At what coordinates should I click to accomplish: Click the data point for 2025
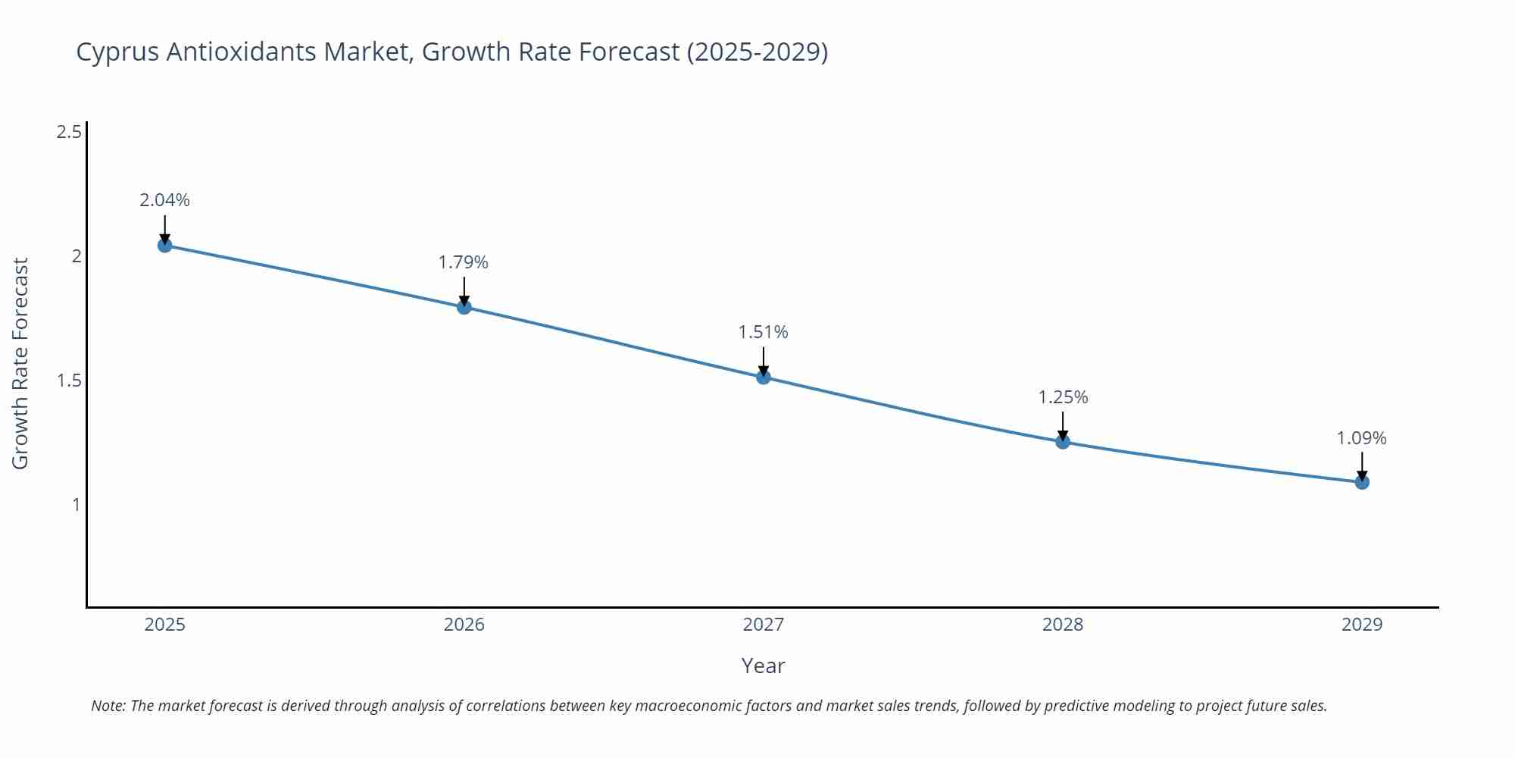(164, 245)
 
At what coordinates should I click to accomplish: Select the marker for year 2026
(464, 307)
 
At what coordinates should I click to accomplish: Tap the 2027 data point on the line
(764, 377)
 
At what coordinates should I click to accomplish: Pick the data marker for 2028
(1063, 442)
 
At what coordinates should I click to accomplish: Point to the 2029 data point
(1362, 482)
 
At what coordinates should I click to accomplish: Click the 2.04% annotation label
(164, 200)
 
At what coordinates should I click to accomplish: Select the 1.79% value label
(464, 262)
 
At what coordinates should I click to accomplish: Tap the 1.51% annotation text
(764, 332)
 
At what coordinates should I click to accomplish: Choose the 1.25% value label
(1063, 397)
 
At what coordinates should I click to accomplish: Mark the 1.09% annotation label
(1361, 438)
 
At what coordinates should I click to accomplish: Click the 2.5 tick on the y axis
(69, 133)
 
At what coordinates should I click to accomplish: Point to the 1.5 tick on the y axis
(69, 381)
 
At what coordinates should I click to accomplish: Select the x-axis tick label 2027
(764, 625)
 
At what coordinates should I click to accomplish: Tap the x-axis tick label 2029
(1362, 625)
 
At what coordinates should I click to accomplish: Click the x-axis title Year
(763, 666)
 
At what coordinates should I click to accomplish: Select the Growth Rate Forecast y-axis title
(20, 363)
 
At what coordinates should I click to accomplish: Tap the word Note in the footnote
(108, 706)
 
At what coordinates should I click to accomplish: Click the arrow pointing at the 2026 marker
(464, 291)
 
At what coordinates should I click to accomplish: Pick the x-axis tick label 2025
(164, 625)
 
